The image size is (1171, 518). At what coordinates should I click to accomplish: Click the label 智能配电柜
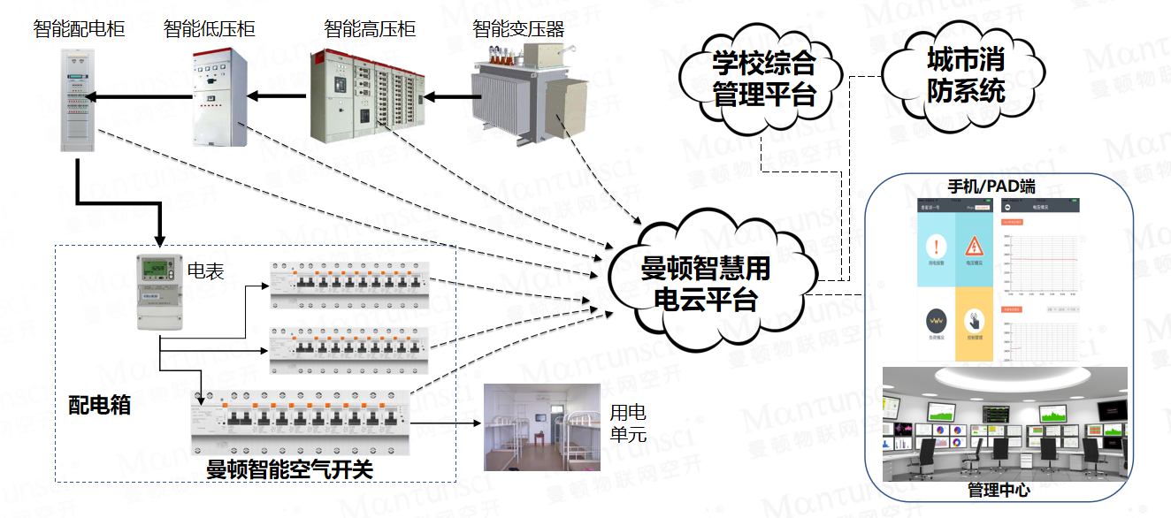pyautogui.click(x=80, y=29)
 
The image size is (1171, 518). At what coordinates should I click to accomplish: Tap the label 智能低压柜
pyautogui.click(x=210, y=29)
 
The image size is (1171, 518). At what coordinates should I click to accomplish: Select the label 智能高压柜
pyautogui.click(x=370, y=29)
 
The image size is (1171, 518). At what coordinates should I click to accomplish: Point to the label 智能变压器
pyautogui.click(x=518, y=29)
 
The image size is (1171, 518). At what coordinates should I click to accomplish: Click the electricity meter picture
pyautogui.click(x=157, y=293)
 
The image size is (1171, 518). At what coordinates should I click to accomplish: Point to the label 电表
pyautogui.click(x=205, y=270)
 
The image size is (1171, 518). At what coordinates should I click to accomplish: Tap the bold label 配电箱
pyautogui.click(x=100, y=405)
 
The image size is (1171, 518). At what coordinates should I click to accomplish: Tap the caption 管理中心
pyautogui.click(x=999, y=490)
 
